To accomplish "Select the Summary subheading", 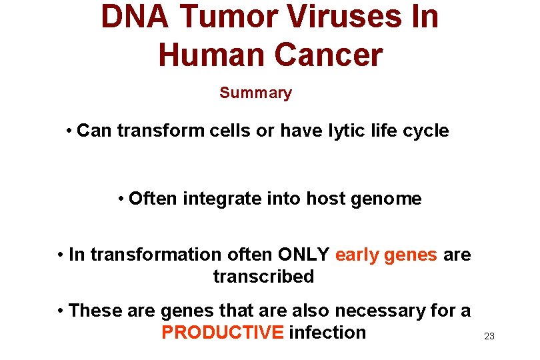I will pos(255,93).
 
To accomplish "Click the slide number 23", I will pos(489,336).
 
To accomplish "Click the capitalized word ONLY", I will pos(303,255).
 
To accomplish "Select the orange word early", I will pos(357,255).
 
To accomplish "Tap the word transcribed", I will pos(263,277).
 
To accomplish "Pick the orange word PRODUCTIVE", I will pos(222,333).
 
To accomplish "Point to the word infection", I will pos(327,333).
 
